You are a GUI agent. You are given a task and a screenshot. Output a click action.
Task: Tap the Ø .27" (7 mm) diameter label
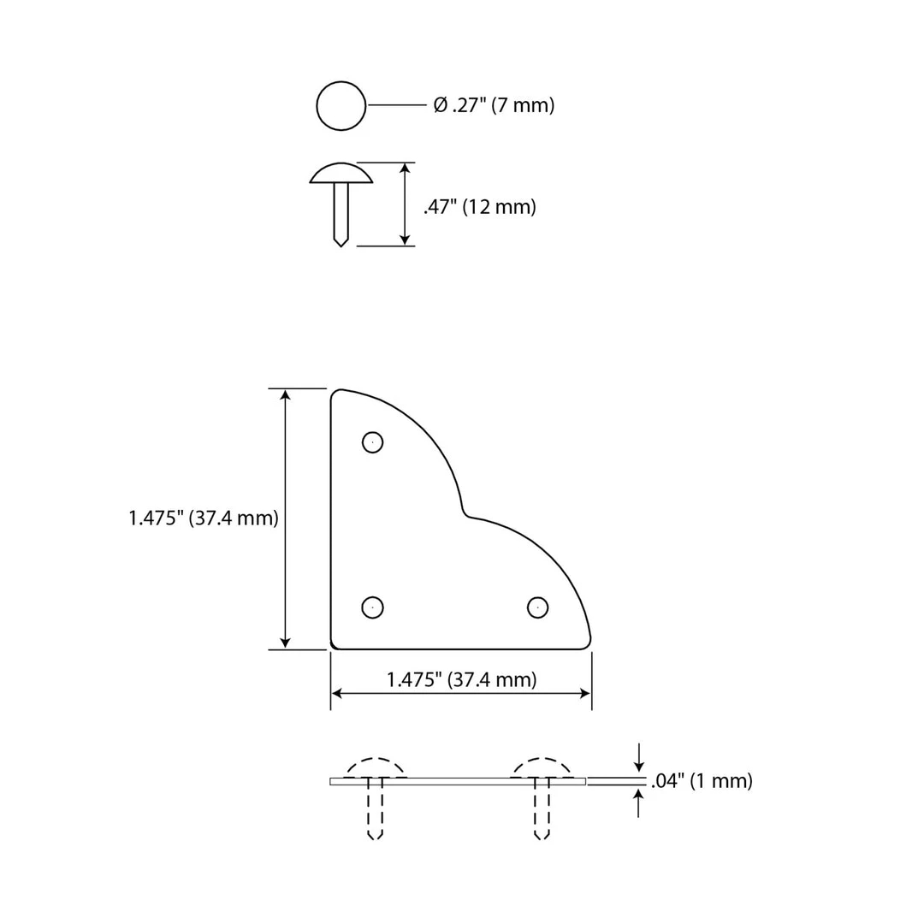[x=494, y=105]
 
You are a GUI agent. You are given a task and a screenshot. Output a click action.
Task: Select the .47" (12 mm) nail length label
[x=480, y=207]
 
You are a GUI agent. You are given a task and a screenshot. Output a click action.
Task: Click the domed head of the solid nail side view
[x=341, y=173]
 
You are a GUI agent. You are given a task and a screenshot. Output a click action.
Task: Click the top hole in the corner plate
[x=372, y=442]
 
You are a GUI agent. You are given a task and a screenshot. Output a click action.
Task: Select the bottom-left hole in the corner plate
[x=372, y=607]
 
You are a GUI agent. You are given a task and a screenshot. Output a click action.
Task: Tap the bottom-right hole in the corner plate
[x=537, y=607]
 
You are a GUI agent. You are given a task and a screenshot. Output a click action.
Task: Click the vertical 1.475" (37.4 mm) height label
[x=204, y=518]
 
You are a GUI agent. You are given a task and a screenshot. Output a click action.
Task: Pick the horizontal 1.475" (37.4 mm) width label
[x=461, y=679]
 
